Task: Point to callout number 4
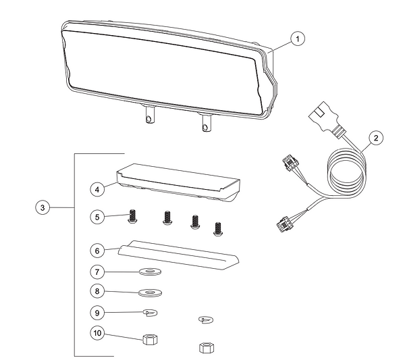pyautogui.click(x=99, y=190)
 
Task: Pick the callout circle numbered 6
pyautogui.click(x=99, y=249)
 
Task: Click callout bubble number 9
pyautogui.click(x=99, y=313)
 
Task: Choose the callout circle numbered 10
pyautogui.click(x=99, y=333)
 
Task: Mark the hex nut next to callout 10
pyautogui.click(x=151, y=338)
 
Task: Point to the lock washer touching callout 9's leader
pyautogui.click(x=150, y=312)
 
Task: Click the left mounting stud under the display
pyautogui.click(x=148, y=118)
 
